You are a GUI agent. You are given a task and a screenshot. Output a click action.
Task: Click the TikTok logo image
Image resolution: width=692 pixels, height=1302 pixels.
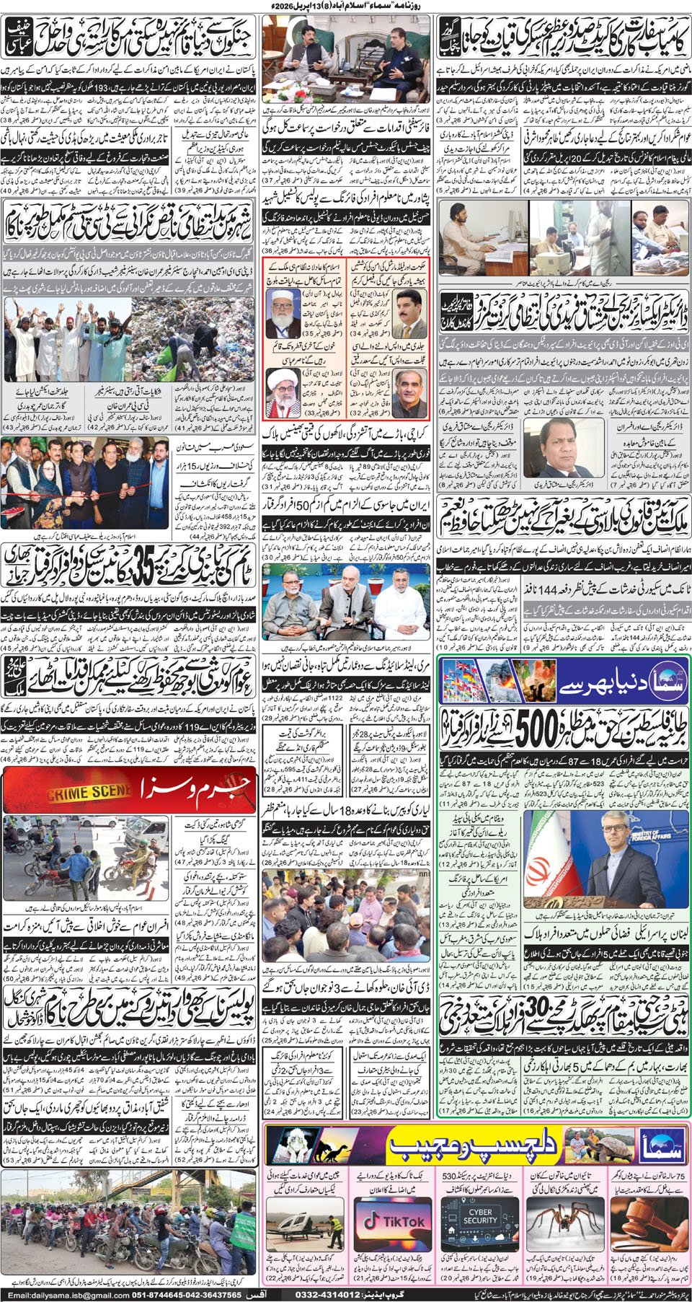[394, 1220]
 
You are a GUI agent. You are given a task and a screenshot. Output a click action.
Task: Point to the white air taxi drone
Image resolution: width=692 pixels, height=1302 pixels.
[306, 1220]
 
